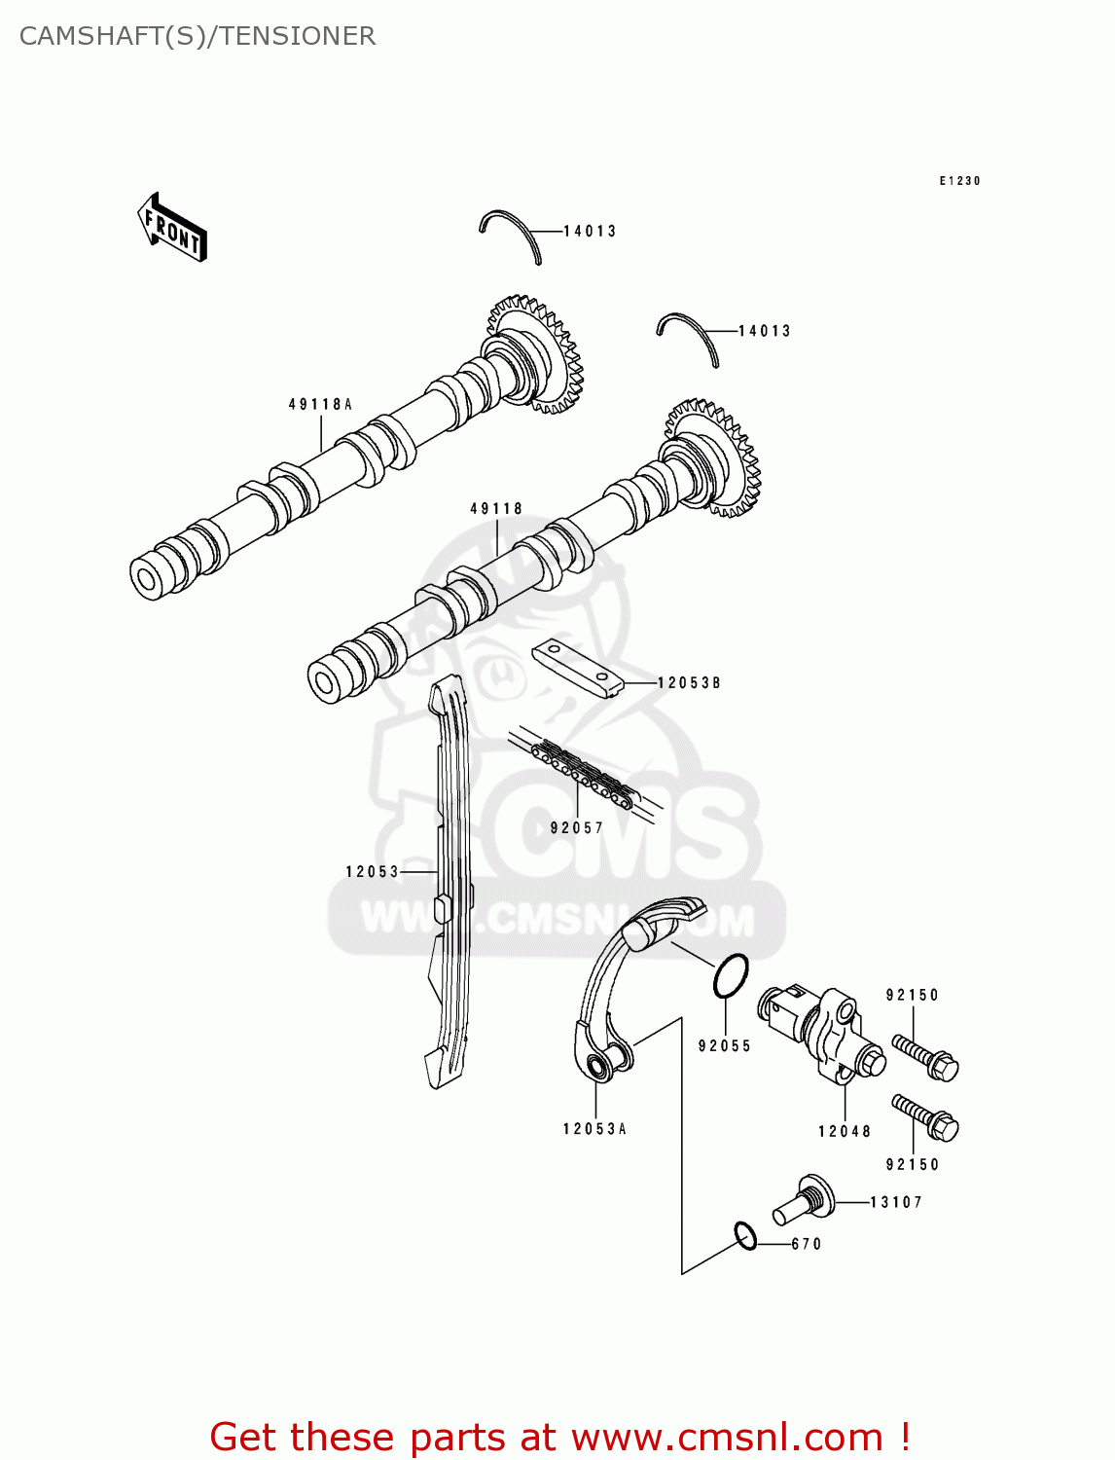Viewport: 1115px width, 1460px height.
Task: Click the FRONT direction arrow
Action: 172,228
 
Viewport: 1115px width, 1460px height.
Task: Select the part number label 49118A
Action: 320,404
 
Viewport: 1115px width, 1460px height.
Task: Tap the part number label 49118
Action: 496,508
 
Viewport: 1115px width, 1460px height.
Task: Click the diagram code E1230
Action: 959,181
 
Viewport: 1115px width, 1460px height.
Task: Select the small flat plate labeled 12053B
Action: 577,668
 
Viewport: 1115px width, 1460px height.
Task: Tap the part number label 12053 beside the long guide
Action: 373,871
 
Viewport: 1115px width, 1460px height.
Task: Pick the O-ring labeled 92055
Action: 731,976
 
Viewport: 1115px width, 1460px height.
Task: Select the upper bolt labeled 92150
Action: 925,1057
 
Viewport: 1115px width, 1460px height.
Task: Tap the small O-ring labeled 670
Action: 745,1236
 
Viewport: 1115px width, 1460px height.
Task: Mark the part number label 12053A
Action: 594,1129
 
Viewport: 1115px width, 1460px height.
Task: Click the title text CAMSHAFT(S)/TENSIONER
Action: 198,36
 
